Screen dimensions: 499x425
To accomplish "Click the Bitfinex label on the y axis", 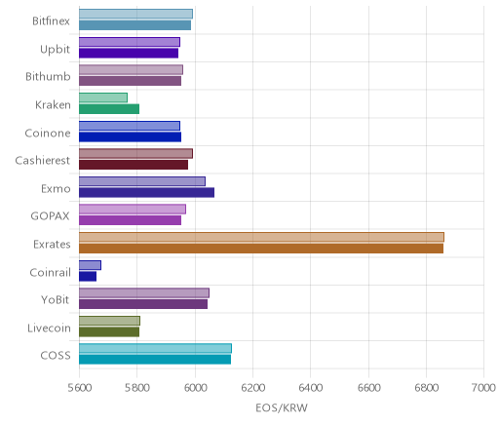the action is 51,21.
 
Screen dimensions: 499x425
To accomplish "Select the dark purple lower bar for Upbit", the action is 129,53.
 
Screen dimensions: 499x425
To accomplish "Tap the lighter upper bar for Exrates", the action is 261,237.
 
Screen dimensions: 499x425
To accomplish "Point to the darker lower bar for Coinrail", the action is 88,277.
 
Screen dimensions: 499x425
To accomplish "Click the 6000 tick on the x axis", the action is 195,388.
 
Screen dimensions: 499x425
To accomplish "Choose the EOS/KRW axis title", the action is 282,408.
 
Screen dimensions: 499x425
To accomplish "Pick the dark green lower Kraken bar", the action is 109,109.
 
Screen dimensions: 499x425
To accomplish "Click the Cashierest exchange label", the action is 43,161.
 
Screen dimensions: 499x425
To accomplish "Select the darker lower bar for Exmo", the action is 146,193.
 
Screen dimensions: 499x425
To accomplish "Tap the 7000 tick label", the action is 483,388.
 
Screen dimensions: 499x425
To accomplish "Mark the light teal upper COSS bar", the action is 155,348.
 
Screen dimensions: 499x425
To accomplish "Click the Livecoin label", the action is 49,328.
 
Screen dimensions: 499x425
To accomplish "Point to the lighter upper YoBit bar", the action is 144,293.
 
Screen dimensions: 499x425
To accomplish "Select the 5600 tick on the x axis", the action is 79,388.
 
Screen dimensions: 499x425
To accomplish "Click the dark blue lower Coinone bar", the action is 130,137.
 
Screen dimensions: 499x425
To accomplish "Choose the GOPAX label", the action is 50,216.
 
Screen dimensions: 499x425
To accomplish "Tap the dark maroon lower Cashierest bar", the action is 134,165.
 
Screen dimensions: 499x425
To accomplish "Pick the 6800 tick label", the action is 426,388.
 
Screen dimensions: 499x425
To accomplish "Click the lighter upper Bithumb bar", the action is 131,70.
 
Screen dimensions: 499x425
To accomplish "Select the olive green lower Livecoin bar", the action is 109,332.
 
